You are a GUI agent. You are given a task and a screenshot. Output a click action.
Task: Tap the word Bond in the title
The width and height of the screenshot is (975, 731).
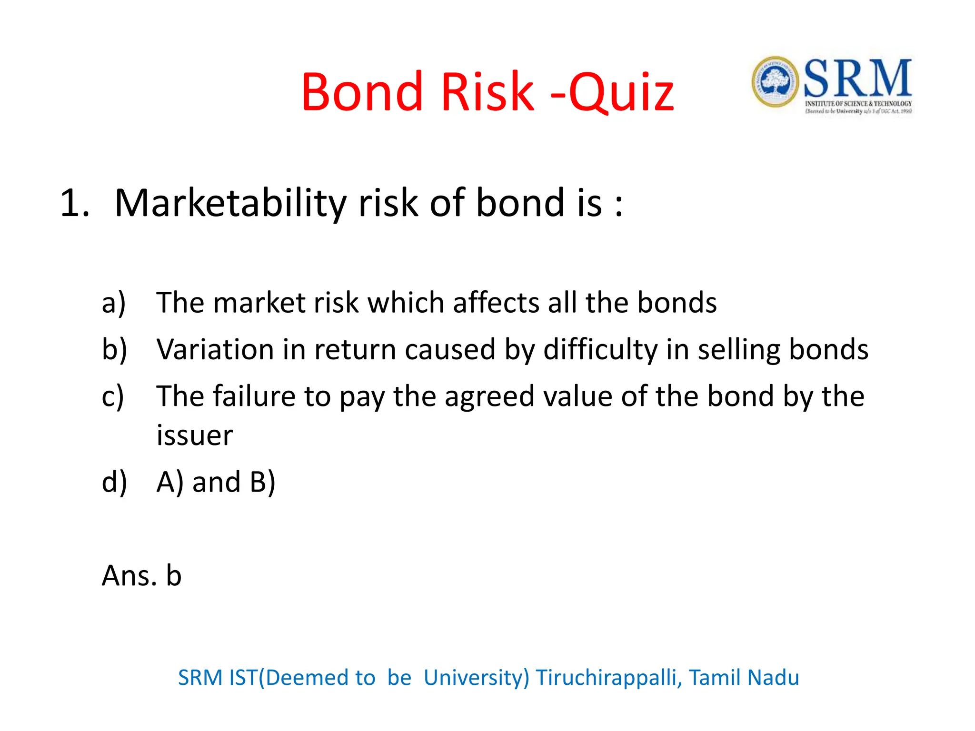coord(362,91)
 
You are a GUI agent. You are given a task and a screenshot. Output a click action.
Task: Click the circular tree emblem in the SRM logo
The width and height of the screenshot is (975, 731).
coord(775,82)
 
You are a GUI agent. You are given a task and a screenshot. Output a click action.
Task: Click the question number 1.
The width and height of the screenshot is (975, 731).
coord(74,204)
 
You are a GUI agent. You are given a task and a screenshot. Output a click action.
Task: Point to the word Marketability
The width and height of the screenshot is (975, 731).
coord(230,204)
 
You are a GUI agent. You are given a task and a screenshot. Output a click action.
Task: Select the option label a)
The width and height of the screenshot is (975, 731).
coord(114,303)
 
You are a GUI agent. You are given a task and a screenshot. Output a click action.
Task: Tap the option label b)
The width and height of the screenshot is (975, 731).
coord(114,350)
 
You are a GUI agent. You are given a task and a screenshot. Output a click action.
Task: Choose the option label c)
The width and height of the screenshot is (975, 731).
coord(113,396)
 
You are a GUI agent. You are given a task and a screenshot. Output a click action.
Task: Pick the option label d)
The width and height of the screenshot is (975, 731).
coord(114,482)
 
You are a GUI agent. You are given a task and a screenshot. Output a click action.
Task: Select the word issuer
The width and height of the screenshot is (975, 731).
coord(195,435)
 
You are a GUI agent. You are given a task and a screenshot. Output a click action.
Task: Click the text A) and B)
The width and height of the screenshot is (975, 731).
coord(216,482)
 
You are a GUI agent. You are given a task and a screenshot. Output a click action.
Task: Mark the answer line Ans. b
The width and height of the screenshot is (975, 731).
coord(142,576)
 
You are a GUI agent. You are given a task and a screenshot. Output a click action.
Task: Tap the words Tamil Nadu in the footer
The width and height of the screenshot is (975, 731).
coord(744,678)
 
